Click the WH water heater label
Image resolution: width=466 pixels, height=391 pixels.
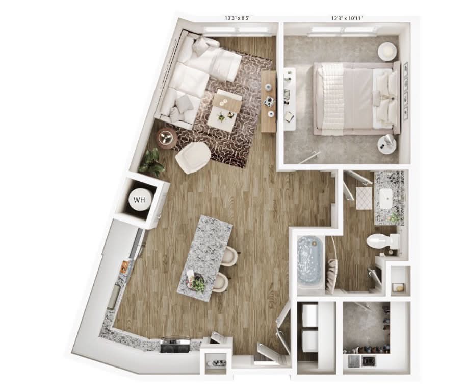coord(139,200)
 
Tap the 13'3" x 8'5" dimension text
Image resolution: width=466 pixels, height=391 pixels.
coord(238,18)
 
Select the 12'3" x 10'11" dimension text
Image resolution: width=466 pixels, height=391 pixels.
coord(347,18)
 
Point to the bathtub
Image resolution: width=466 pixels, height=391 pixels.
coord(309,264)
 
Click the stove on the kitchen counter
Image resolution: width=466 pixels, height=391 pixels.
coord(175,345)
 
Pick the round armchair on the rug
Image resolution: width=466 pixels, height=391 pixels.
coord(193,157)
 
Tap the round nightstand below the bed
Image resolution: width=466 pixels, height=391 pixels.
coord(387,144)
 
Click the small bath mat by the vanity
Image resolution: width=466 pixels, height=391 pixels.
coord(363,198)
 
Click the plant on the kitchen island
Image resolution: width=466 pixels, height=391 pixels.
coord(198,284)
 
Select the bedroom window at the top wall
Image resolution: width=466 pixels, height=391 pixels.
coord(345,29)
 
